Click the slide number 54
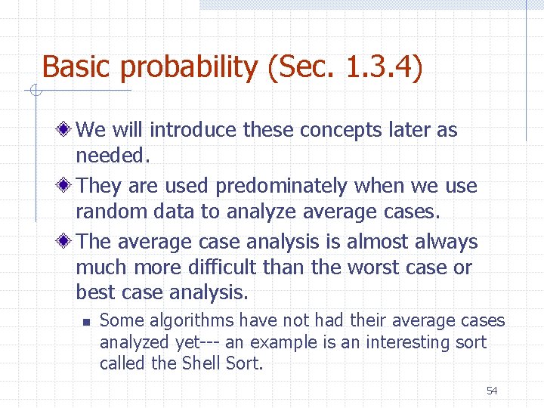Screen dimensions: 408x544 click(x=492, y=391)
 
